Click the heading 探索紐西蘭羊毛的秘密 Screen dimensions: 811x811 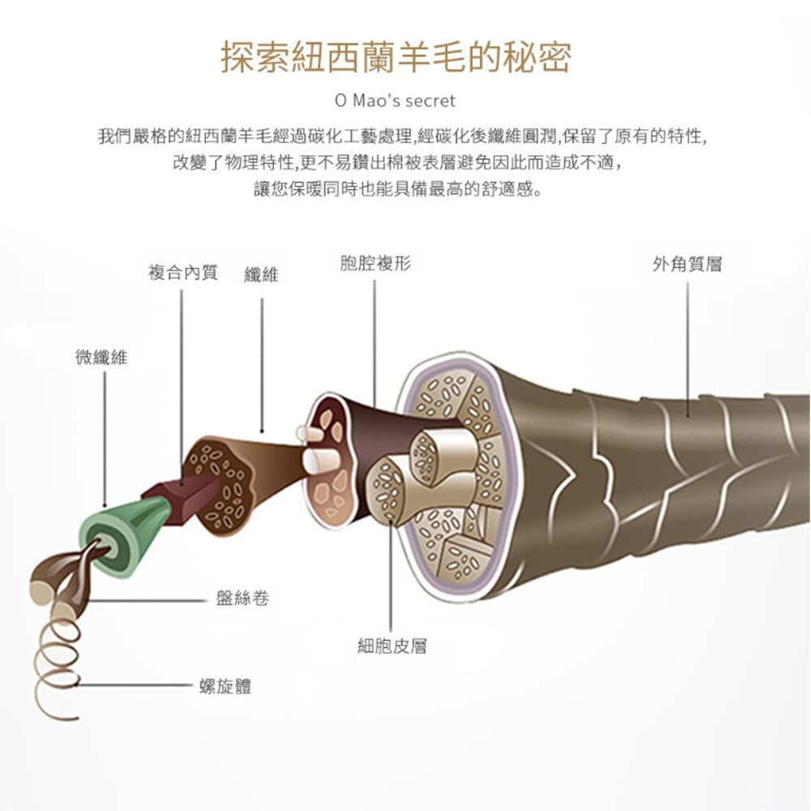click(x=396, y=57)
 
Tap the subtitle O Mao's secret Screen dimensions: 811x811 click(x=396, y=101)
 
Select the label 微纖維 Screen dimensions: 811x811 click(x=101, y=357)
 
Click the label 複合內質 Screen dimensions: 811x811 click(x=182, y=272)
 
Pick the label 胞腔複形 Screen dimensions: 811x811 click(x=375, y=264)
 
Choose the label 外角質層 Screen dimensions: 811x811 click(x=687, y=264)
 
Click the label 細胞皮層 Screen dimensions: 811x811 click(x=392, y=646)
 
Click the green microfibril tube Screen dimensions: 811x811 click(x=122, y=535)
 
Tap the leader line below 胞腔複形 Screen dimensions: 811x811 click(x=375, y=341)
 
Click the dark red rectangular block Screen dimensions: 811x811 click(x=174, y=494)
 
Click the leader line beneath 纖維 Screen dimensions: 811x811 click(x=262, y=365)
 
